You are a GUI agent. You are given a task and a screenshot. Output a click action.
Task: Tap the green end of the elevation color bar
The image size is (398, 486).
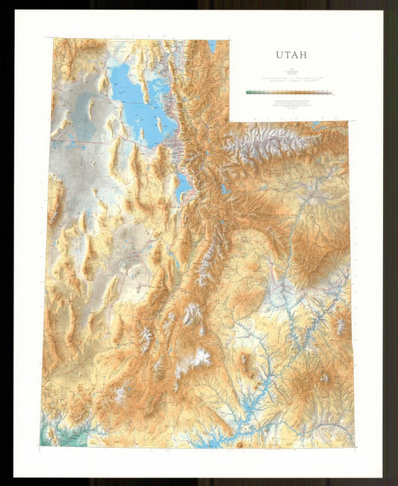click(249, 93)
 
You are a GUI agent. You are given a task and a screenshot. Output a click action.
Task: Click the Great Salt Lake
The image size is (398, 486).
click(131, 93)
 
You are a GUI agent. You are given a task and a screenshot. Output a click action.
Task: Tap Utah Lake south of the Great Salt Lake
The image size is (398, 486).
click(181, 185)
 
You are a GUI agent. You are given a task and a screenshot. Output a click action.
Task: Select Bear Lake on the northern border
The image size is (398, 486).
click(212, 46)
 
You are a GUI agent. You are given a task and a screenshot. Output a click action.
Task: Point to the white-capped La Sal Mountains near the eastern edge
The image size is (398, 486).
click(337, 324)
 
